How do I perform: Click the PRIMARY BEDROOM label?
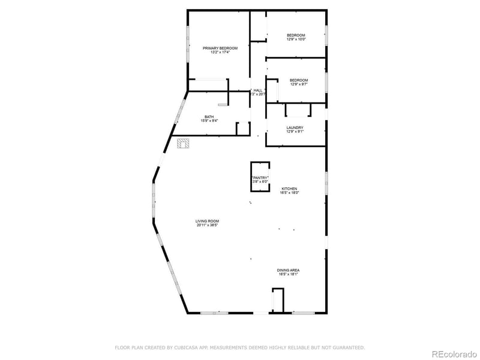220,48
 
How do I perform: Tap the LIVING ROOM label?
206,221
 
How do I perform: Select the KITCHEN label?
289,188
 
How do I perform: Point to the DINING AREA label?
288,270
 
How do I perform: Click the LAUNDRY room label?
295,127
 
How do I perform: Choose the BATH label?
209,116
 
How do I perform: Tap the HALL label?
258,90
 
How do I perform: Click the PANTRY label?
260,178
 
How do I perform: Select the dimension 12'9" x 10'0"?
296,40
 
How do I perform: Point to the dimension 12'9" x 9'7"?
299,85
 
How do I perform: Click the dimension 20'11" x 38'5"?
206,225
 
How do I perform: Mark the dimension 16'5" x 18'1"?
288,274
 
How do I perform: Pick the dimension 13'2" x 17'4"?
220,52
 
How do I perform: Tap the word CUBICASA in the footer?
187,347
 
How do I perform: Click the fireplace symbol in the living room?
183,143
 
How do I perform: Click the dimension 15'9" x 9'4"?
209,121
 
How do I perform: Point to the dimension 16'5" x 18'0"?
289,193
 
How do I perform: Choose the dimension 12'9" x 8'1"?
295,131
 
